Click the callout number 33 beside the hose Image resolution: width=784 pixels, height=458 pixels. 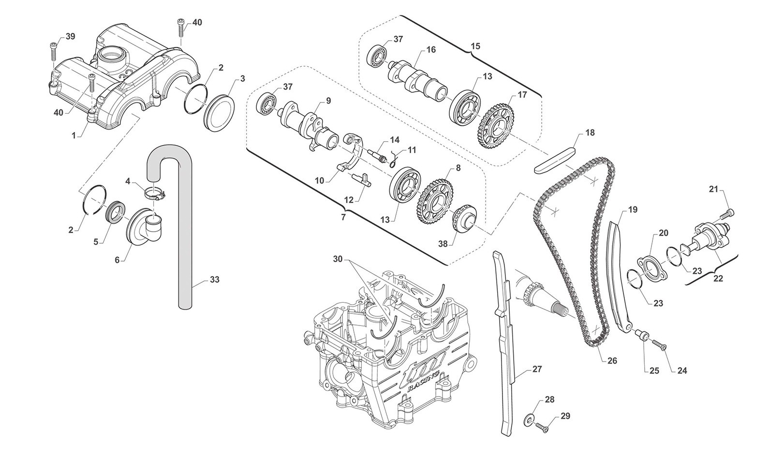(215, 280)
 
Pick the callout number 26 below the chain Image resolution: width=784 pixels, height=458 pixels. (612, 360)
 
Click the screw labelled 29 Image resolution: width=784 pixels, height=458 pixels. (542, 427)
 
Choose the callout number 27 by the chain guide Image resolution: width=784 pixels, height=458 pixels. (537, 369)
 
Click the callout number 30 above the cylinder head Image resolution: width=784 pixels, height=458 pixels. (338, 259)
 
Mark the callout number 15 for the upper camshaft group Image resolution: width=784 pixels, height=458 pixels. (475, 46)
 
